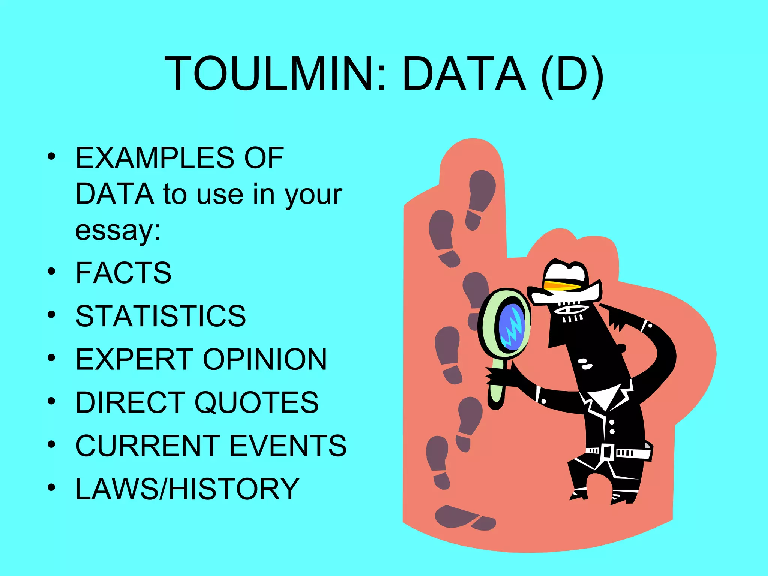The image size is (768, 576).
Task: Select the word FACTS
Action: (x=123, y=273)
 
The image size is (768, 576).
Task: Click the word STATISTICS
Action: (x=160, y=316)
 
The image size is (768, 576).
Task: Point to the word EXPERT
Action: (x=135, y=359)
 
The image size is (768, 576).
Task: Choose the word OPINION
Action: (x=265, y=359)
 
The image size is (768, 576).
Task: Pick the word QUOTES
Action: (x=256, y=402)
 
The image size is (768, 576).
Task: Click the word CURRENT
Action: (x=148, y=445)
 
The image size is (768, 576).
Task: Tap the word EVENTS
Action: (x=288, y=445)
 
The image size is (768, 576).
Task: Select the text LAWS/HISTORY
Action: (x=187, y=489)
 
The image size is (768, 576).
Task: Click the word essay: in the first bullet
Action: (x=118, y=230)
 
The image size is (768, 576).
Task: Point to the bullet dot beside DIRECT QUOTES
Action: (x=51, y=401)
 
